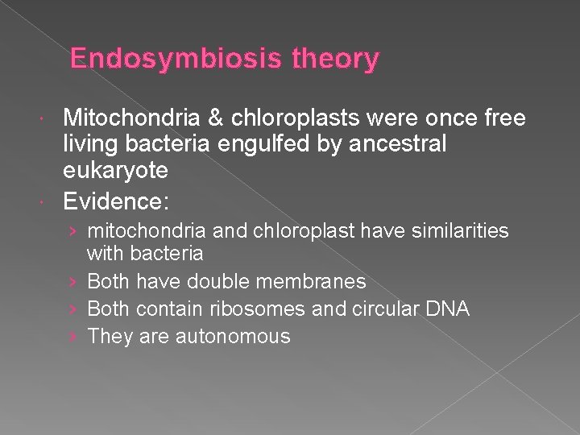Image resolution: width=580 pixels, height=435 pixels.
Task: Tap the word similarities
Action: coord(460,231)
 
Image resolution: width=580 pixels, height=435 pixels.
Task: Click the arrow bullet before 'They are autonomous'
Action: coord(73,336)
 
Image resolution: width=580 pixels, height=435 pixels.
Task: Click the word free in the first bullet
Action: coord(503,119)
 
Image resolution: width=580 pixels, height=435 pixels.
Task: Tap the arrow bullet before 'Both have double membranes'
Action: coord(73,281)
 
